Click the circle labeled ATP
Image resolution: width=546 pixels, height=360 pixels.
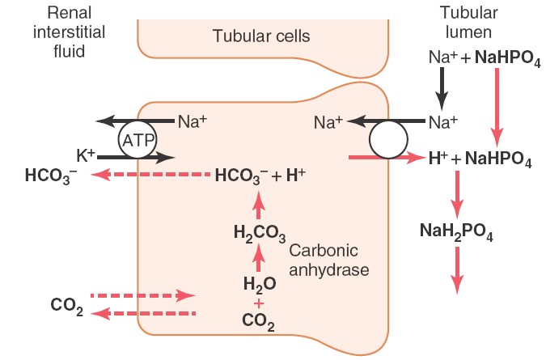tap(137, 140)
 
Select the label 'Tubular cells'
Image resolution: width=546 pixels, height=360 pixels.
tap(261, 36)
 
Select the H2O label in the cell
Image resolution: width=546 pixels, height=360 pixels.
tap(259, 283)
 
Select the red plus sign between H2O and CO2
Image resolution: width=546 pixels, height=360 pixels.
tap(259, 303)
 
